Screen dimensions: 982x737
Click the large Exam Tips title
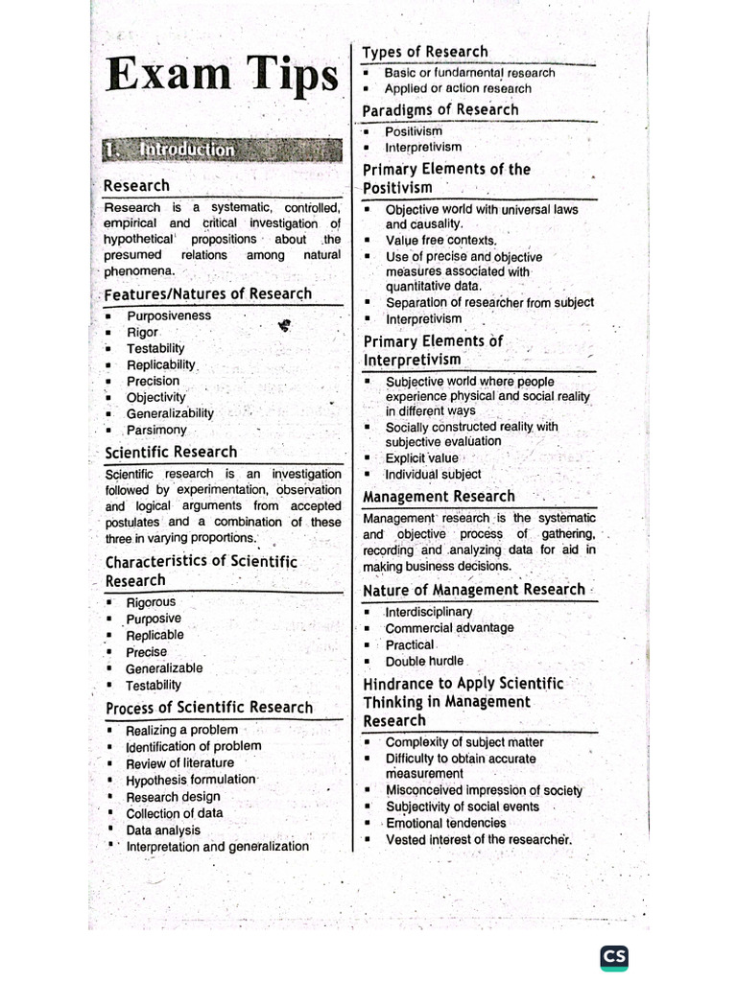(223, 77)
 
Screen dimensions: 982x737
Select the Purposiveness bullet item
(169, 316)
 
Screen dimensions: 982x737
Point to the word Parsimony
(156, 430)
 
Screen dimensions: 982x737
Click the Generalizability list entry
(170, 413)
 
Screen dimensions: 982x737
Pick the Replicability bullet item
(161, 364)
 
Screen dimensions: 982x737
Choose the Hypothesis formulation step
(191, 780)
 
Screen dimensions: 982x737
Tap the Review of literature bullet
(179, 763)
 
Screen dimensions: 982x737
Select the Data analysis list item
(163, 830)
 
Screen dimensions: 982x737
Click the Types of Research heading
(424, 52)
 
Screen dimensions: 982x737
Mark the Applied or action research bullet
(458, 88)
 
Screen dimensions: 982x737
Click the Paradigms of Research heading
(440, 110)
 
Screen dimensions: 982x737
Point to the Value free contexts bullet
(440, 241)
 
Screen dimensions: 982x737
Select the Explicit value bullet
(421, 458)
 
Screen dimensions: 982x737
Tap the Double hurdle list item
(424, 662)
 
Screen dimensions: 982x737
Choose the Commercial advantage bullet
(449, 628)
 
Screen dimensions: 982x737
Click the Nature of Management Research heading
(474, 590)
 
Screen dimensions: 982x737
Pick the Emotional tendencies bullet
(445, 823)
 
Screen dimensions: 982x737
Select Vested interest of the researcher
(478, 840)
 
